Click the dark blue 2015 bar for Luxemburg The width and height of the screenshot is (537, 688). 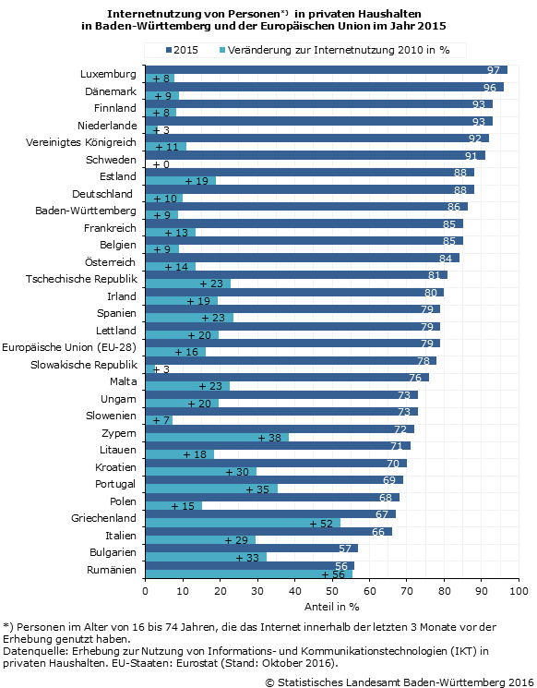[x=326, y=70]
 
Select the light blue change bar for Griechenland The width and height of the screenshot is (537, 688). [x=243, y=523]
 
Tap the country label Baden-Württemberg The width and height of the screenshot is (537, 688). [x=86, y=211]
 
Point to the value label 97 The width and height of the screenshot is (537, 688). [x=493, y=70]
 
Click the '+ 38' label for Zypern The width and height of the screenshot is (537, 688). [x=269, y=438]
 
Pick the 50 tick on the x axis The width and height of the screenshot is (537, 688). [x=332, y=591]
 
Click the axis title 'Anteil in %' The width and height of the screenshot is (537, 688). [x=332, y=607]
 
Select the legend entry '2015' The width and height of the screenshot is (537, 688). [x=182, y=50]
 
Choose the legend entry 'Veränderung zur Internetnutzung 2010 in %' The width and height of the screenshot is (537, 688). [x=335, y=50]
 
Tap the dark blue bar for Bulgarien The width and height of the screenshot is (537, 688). [x=252, y=549]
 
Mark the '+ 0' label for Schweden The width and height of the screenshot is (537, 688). [x=161, y=164]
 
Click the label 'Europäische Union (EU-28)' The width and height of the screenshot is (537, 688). [x=69, y=347]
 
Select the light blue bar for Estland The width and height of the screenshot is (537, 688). [x=181, y=181]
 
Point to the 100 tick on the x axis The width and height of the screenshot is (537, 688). [x=519, y=591]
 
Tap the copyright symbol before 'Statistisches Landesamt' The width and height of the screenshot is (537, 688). [x=269, y=682]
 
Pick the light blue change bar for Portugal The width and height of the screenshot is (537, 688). [x=211, y=489]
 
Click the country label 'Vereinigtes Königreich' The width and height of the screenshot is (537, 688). [x=81, y=142]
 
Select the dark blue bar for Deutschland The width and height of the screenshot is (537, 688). [x=309, y=189]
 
